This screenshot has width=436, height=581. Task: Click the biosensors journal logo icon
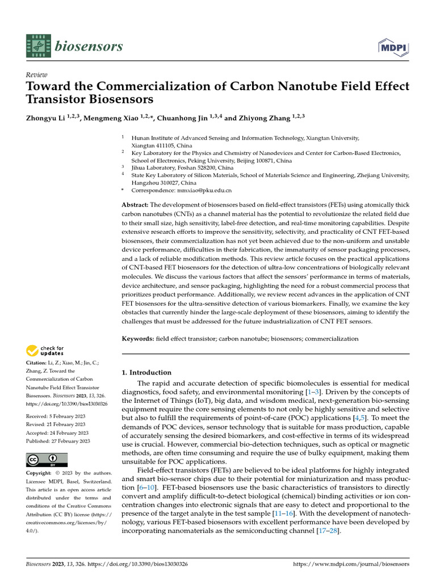(38, 45)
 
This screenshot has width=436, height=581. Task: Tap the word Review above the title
(37, 74)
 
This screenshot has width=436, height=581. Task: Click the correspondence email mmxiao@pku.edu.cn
(191, 191)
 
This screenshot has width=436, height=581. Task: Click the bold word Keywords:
(137, 339)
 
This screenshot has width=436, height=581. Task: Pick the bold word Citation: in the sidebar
(37, 361)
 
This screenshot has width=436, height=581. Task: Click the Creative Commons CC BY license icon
(47, 460)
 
